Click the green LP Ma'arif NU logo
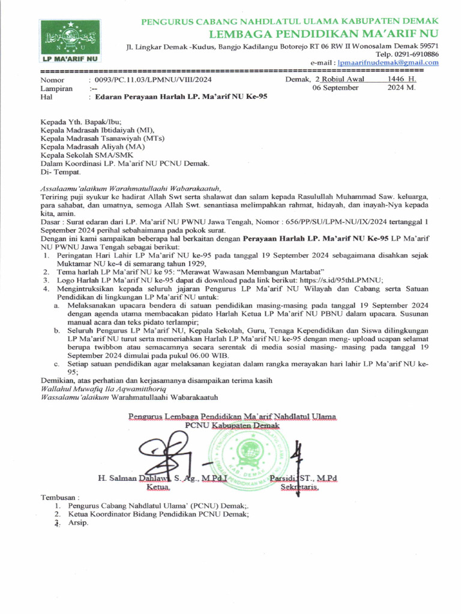[71, 41]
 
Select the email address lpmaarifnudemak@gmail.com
[388, 62]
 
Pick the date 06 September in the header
[336, 88]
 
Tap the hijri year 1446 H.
[402, 79]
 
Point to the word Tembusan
[59, 498]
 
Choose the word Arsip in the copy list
[78, 523]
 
